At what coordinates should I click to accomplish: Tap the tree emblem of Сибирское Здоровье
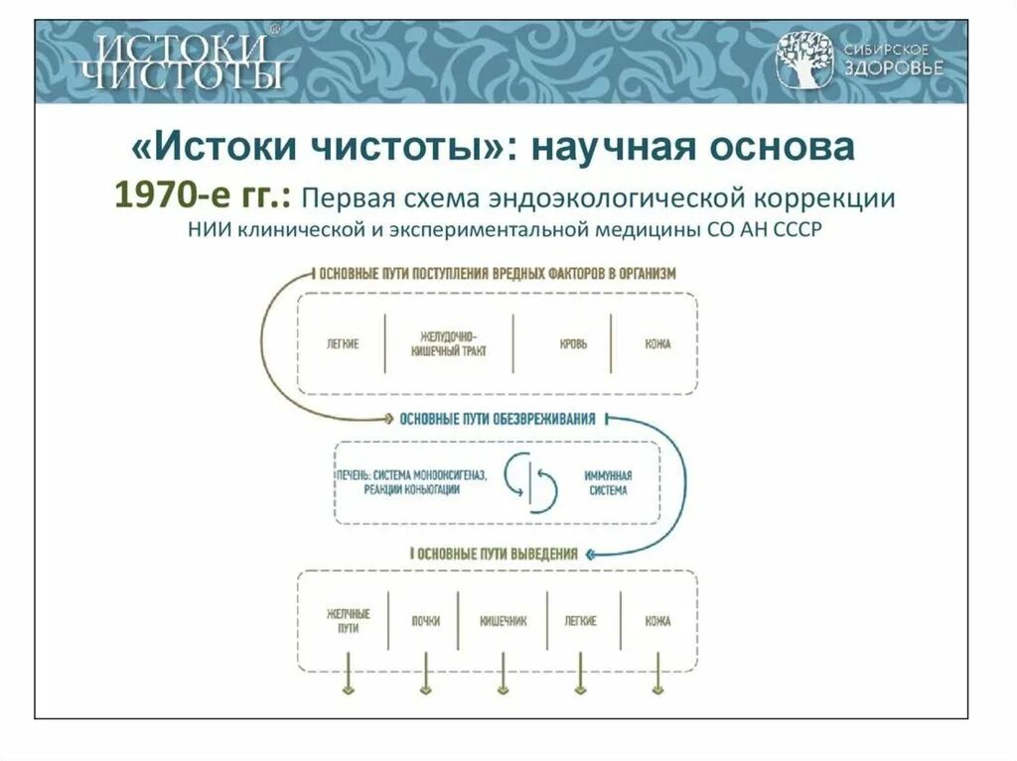[804, 59]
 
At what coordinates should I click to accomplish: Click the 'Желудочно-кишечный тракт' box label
[447, 344]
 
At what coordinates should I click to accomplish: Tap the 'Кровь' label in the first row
[573, 344]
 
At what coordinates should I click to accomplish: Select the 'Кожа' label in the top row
[656, 344]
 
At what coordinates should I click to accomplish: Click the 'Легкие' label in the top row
[342, 344]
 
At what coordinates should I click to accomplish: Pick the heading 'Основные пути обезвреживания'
[497, 419]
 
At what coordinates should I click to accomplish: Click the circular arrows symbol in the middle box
[530, 482]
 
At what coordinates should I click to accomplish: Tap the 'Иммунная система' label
[606, 482]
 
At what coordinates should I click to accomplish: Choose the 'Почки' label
[425, 621]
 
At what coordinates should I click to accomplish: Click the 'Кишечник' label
[503, 621]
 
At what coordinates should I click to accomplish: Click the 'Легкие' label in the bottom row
[580, 621]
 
